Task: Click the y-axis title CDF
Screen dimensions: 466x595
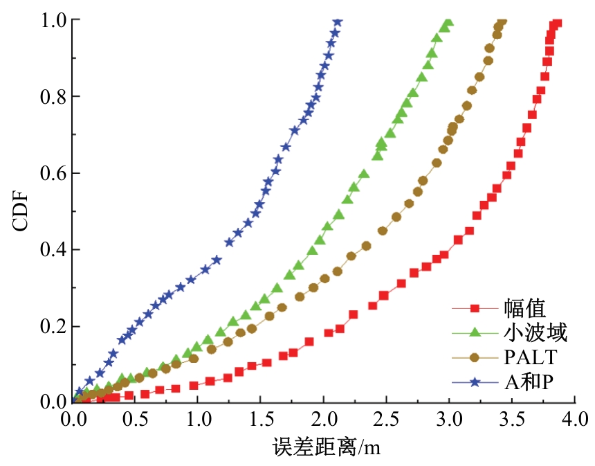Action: (x=21, y=211)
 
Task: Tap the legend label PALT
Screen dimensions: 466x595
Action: (x=530, y=357)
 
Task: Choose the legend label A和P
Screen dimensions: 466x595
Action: (x=525, y=382)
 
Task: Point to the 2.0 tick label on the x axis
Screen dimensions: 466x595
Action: (x=323, y=419)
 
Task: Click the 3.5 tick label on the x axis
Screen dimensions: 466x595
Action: (x=511, y=419)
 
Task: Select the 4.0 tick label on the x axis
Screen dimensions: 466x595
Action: (x=574, y=419)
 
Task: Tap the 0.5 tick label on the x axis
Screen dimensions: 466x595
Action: (x=135, y=419)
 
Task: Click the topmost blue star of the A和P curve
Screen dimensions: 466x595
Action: (x=337, y=22)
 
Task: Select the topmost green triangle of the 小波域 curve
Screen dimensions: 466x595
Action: (x=448, y=23)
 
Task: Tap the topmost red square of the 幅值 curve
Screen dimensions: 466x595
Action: (x=557, y=23)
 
